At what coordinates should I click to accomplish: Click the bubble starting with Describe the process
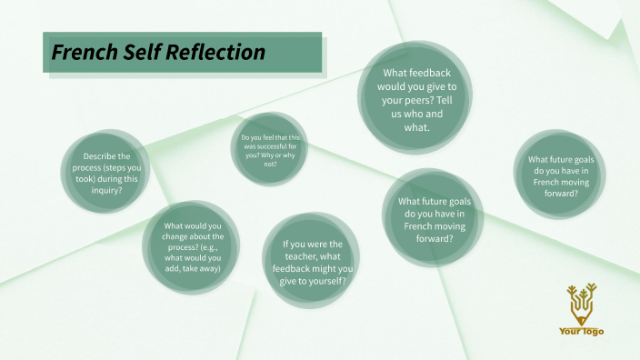(105, 173)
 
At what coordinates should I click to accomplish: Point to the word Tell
(447, 100)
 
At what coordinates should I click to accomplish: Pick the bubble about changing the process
(192, 247)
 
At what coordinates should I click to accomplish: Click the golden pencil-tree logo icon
(580, 304)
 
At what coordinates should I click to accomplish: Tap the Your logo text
(581, 332)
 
